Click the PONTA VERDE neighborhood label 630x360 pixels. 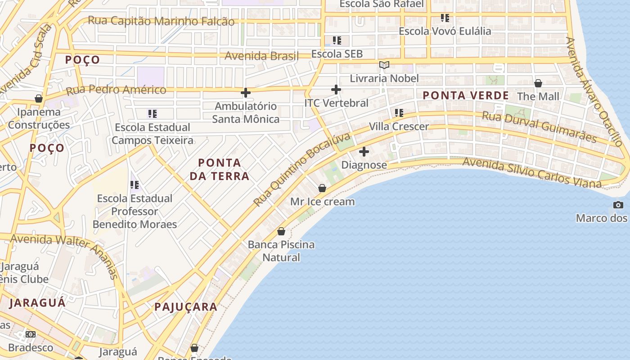pyautogui.click(x=465, y=95)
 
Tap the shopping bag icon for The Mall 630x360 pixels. pyautogui.click(x=538, y=83)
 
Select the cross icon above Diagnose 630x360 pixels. pyautogui.click(x=364, y=152)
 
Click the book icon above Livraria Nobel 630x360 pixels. pyautogui.click(x=384, y=65)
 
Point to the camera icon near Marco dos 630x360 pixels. pyautogui.click(x=618, y=205)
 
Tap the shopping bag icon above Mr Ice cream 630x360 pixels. pyautogui.click(x=322, y=188)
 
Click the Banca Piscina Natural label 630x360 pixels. pyautogui.click(x=281, y=251)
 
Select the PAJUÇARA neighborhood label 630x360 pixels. pyautogui.click(x=186, y=307)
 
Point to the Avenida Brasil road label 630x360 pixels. pyautogui.click(x=261, y=56)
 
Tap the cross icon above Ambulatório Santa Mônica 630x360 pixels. pyautogui.click(x=246, y=93)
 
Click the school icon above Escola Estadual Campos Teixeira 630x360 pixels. pyautogui.click(x=153, y=114)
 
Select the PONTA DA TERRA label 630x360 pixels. pyautogui.click(x=220, y=169)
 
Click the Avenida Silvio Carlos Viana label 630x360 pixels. pyautogui.click(x=531, y=173)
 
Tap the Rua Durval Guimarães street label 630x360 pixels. pyautogui.click(x=539, y=126)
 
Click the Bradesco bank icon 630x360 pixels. pyautogui.click(x=31, y=334)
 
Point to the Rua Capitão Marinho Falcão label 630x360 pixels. pyautogui.click(x=161, y=21)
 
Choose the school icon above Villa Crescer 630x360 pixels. pyautogui.click(x=399, y=113)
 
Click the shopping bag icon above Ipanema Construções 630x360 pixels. pyautogui.click(x=39, y=99)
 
